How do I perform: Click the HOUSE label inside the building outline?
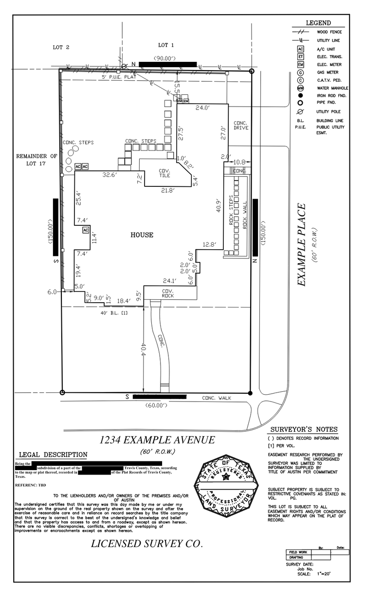tap(142, 235)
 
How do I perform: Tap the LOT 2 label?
tap(61, 47)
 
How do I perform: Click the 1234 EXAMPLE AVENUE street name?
tap(157, 440)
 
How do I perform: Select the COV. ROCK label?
tap(168, 293)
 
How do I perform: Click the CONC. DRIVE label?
tap(241, 125)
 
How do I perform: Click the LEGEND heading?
tap(318, 23)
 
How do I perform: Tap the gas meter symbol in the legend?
tap(301, 73)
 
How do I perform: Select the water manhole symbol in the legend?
tap(301, 88)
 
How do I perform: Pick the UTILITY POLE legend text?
tap(329, 111)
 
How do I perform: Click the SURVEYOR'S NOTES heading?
tap(303, 429)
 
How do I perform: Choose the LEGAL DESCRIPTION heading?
tap(53, 455)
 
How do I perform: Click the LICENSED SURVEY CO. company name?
tap(146, 544)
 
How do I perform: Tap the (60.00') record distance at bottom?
tap(155, 405)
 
